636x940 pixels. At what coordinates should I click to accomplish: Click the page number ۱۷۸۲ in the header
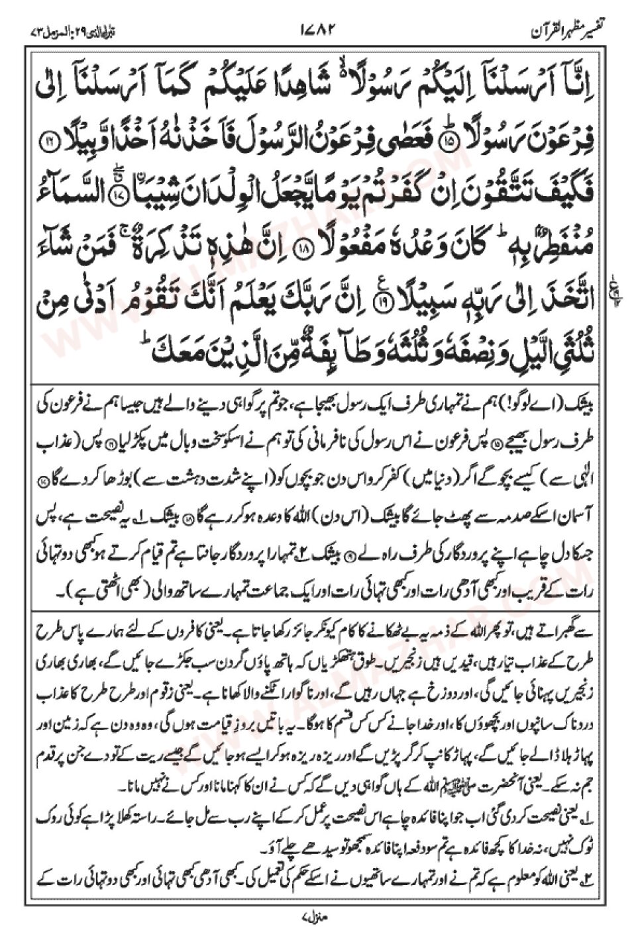[319, 30]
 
